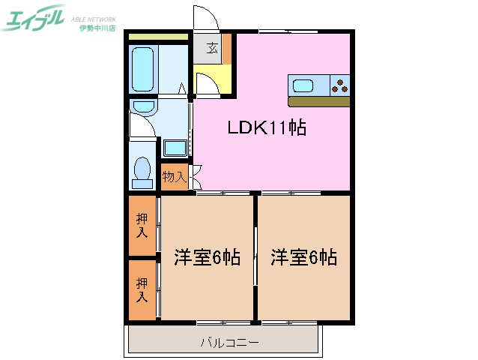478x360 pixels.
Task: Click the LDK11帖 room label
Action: click(267, 128)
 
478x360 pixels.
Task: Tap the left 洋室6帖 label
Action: click(207, 258)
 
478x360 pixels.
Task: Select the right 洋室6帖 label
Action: click(303, 258)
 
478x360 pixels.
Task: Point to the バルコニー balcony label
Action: click(230, 343)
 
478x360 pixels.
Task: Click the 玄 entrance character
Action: click(212, 49)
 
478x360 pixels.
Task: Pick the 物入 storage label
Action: click(174, 177)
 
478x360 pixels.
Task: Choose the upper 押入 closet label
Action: click(142, 225)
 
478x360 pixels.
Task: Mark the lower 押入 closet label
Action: click(142, 289)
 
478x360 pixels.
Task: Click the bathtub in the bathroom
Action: click(142, 70)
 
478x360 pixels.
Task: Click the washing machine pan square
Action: click(175, 148)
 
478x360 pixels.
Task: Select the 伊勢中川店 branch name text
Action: click(97, 28)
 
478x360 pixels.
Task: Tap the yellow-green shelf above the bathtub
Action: click(158, 36)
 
